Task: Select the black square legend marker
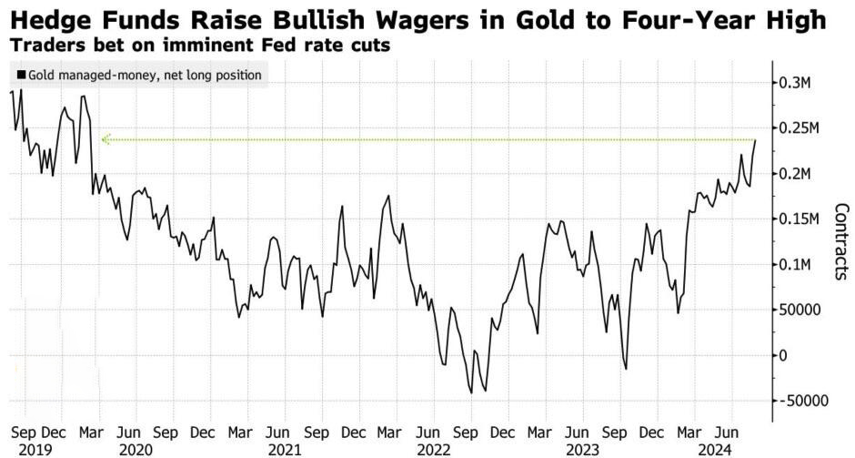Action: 21,75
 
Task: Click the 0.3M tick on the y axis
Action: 796,83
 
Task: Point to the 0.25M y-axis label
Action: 800,128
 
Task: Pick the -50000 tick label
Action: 801,401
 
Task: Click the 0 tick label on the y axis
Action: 783,355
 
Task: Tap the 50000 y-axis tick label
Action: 800,310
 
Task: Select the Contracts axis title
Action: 840,241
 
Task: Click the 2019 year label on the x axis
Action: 35,451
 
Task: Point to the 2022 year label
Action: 434,451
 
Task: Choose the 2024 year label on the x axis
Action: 714,451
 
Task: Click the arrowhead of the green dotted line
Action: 105,139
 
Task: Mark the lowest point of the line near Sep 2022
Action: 470,393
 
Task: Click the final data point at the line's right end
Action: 756,140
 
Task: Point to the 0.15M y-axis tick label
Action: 800,219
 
